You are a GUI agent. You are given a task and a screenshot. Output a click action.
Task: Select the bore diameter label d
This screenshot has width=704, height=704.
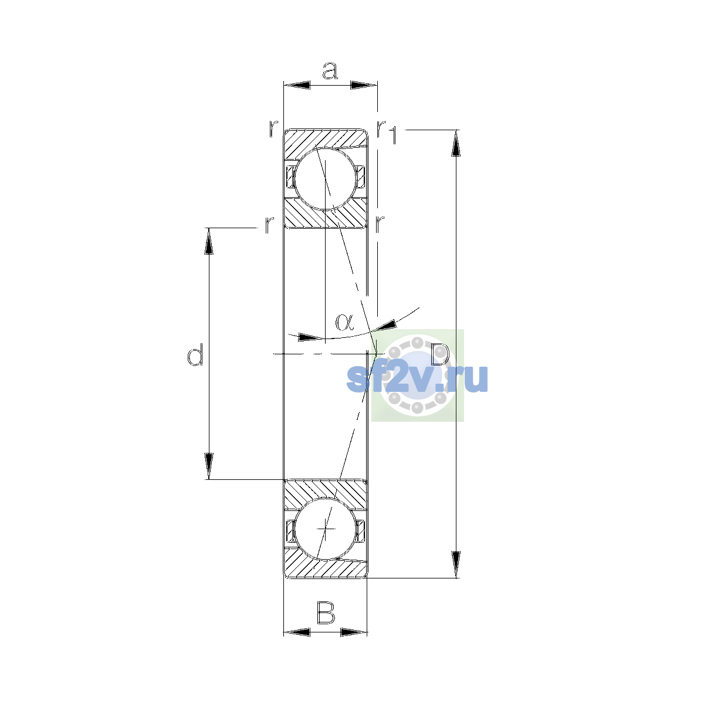click(195, 354)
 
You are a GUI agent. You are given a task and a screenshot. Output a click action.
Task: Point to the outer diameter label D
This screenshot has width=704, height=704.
click(440, 354)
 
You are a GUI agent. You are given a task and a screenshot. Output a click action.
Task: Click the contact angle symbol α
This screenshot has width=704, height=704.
click(344, 322)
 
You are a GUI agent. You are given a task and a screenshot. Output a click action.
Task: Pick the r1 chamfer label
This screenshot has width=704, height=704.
click(387, 131)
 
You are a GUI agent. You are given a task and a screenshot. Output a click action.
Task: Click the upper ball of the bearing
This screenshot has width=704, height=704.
click(325, 179)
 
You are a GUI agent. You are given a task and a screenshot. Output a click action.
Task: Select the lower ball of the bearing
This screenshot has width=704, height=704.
click(325, 529)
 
